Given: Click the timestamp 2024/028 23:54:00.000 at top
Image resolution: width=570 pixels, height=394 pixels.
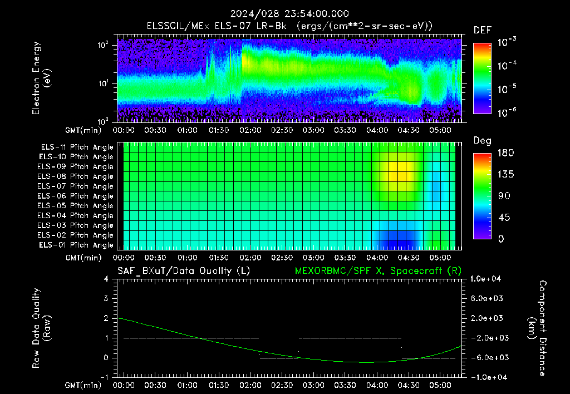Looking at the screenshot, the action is pos(289,14).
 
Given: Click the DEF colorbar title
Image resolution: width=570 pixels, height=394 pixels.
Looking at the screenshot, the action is pos(483,31).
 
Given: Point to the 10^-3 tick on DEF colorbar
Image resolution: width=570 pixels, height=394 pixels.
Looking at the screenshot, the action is pos(507,42).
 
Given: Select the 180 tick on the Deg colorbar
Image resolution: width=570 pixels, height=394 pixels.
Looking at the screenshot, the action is pos(505,152).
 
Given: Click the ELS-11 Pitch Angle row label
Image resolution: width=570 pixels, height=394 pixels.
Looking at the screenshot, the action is pos(77,147).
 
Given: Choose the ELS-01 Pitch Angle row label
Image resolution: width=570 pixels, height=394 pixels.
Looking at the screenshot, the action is pos(76,245).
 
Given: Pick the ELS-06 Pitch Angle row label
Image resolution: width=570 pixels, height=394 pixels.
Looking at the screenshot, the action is pos(76,196).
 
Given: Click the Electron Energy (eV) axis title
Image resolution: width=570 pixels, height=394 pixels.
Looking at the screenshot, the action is pos(41,78).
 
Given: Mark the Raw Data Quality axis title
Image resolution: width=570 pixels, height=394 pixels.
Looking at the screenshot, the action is pos(41,328).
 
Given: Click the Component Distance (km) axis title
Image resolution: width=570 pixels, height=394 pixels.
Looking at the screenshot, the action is pos(537,328).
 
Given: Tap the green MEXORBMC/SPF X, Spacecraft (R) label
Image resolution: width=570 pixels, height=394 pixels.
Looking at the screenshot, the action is pos(378,271).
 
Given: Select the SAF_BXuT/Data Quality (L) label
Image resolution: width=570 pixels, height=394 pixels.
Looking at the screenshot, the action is pos(184,271).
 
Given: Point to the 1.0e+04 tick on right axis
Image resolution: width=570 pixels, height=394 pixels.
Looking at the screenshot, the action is pos(485,279).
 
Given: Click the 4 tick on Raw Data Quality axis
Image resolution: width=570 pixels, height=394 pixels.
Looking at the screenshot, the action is pos(106,279).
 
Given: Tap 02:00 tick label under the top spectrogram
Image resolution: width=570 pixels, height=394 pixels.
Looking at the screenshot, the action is pos(250,130).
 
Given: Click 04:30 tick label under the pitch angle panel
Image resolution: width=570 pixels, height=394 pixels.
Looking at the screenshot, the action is pos(408,258).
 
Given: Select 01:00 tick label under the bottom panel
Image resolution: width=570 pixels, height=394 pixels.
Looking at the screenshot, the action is pos(187,385).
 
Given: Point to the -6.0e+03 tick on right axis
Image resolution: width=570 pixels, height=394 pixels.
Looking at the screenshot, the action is pos(487,358).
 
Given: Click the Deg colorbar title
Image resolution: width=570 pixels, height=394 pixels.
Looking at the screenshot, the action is pos(483,141).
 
